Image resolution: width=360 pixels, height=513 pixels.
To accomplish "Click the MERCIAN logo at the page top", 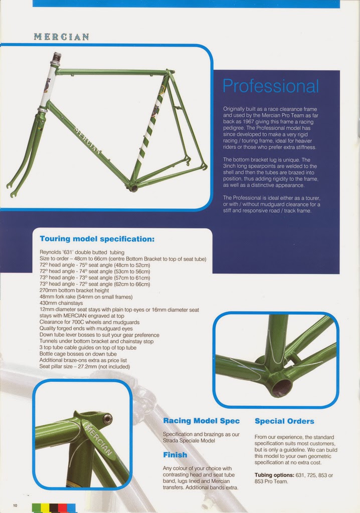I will click(x=61, y=37).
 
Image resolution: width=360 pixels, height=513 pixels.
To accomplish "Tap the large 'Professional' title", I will click(x=270, y=86).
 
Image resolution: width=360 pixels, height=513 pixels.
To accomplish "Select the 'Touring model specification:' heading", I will click(x=97, y=238).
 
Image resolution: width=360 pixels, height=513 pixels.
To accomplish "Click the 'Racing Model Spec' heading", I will click(x=201, y=421).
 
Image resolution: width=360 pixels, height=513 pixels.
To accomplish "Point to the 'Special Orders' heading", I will click(x=284, y=421).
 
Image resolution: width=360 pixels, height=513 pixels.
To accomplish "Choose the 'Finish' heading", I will click(x=175, y=455).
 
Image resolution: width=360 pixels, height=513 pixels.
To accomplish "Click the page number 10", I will click(x=15, y=505).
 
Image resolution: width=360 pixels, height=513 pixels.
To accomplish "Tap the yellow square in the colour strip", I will click(x=45, y=508).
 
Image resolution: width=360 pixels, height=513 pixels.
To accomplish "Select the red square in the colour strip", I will click(x=62, y=508).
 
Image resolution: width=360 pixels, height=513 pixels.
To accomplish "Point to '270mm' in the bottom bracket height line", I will click(x=48, y=290).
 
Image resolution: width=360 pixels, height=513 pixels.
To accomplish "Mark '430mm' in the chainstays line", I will click(x=48, y=303).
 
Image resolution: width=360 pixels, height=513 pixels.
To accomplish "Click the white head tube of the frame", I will click(x=49, y=85).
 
